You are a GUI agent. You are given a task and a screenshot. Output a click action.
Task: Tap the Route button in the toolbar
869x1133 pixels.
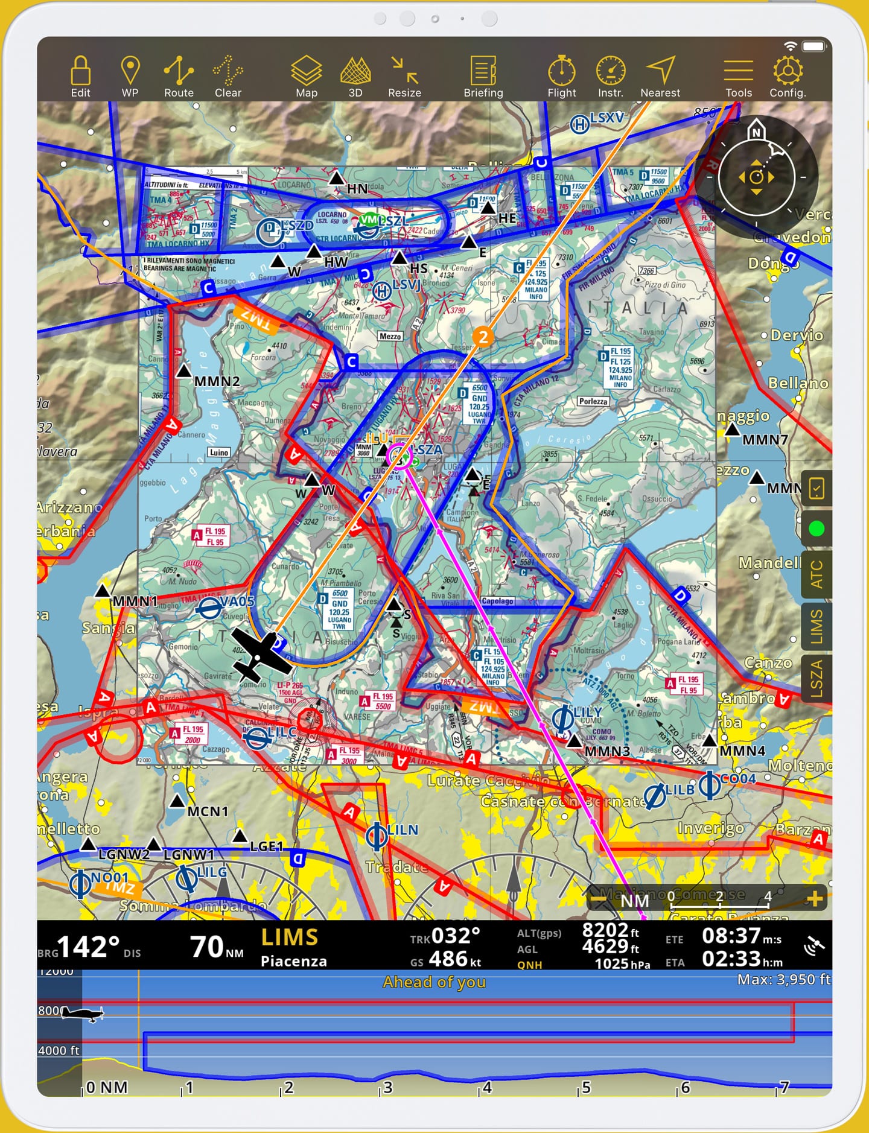(x=179, y=76)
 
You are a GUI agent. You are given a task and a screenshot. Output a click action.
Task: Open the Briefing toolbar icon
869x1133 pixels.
(x=483, y=76)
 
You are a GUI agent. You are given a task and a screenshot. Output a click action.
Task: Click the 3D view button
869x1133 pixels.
(x=355, y=76)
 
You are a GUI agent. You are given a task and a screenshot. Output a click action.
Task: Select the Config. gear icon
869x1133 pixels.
(x=787, y=76)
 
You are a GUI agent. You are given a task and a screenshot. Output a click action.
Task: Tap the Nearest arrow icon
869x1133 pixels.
(x=660, y=76)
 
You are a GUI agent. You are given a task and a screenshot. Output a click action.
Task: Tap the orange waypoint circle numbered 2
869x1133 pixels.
(x=482, y=337)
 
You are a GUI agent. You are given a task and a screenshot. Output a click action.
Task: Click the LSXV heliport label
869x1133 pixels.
(x=606, y=118)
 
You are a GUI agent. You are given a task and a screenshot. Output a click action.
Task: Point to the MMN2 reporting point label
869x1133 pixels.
(x=217, y=381)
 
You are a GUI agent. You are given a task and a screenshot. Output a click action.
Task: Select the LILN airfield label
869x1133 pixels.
(x=403, y=830)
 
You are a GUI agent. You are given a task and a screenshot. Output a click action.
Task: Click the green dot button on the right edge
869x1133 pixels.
(x=816, y=529)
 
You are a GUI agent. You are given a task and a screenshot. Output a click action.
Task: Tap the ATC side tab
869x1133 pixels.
(x=816, y=574)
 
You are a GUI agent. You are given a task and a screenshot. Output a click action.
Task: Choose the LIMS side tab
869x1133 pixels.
(x=816, y=627)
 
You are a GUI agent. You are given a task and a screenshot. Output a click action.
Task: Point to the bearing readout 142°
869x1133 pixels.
(x=88, y=947)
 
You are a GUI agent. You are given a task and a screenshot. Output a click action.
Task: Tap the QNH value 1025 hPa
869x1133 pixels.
(x=622, y=964)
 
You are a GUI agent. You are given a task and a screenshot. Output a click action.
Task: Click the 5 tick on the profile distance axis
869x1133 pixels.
(x=585, y=1088)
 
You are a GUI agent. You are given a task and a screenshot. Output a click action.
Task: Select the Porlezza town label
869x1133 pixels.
(x=593, y=401)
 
